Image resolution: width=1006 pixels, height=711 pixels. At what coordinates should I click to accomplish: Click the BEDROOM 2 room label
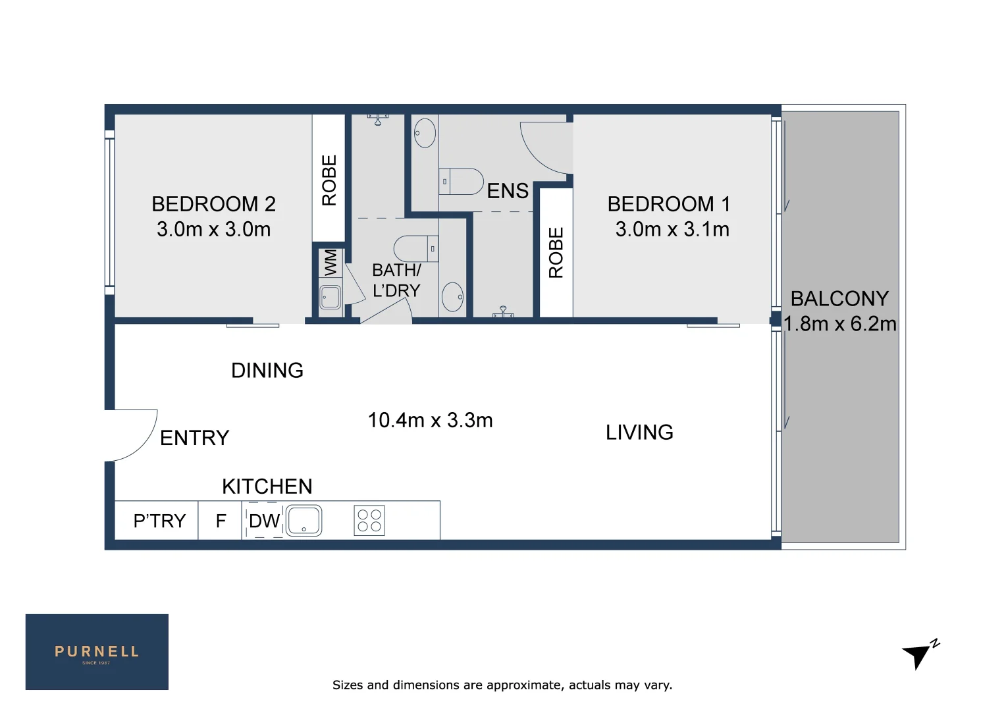click(x=214, y=204)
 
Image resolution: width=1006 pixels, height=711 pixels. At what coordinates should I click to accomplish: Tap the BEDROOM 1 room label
click(x=669, y=204)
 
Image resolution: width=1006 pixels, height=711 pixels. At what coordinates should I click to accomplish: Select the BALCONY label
click(x=839, y=299)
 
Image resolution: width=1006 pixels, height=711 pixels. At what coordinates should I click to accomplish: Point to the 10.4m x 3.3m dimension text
click(x=430, y=421)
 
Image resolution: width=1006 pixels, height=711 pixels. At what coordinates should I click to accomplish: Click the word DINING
click(x=267, y=371)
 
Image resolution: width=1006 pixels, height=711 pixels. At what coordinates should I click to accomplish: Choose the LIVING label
click(x=639, y=433)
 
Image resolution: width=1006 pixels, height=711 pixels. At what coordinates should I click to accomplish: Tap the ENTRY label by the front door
click(x=194, y=438)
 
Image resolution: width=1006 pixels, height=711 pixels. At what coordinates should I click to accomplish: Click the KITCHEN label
click(x=267, y=487)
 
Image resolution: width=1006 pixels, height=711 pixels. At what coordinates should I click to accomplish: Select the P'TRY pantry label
click(x=159, y=521)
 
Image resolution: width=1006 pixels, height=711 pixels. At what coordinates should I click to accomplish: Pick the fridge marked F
click(x=221, y=521)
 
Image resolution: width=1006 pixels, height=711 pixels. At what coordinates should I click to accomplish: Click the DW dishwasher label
click(x=265, y=521)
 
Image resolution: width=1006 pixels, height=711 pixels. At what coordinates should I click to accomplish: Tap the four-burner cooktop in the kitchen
click(x=369, y=521)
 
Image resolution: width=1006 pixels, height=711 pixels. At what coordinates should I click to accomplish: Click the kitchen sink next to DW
click(x=304, y=521)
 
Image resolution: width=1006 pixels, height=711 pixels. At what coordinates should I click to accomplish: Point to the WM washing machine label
click(x=331, y=263)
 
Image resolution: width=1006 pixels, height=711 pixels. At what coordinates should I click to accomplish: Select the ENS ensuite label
click(x=508, y=191)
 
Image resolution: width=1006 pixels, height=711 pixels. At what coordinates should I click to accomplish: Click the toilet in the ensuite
click(x=462, y=182)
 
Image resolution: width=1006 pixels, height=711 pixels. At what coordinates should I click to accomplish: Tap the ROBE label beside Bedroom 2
click(x=329, y=180)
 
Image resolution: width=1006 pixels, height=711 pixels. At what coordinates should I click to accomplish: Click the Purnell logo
click(x=97, y=652)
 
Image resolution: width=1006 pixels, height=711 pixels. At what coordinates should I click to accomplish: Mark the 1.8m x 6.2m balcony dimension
click(x=840, y=324)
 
